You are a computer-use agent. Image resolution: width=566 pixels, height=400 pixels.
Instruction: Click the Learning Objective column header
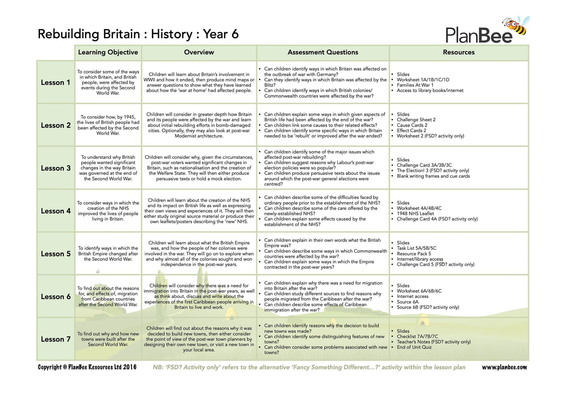click(x=108, y=52)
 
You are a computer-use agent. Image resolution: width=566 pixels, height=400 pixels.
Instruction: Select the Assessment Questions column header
click(x=323, y=52)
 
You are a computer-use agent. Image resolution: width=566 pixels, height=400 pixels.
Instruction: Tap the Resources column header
click(x=458, y=52)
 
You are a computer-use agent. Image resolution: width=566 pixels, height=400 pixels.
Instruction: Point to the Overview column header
click(x=199, y=52)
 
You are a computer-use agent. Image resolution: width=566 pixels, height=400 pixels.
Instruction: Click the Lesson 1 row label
click(x=55, y=83)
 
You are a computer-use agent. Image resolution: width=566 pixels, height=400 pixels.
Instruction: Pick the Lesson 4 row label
click(x=55, y=211)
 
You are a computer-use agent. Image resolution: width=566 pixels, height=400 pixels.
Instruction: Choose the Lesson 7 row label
click(x=55, y=339)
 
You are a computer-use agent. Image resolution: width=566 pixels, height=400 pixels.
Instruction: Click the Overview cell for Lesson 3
click(x=199, y=168)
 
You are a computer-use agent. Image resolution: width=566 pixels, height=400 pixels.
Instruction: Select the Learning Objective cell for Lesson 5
click(x=108, y=254)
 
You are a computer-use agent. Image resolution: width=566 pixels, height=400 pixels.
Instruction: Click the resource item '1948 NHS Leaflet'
click(x=415, y=213)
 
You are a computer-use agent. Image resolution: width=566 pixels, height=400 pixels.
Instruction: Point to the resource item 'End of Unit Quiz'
click(x=414, y=347)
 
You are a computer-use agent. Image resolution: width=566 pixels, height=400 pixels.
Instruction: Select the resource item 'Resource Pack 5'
click(x=414, y=254)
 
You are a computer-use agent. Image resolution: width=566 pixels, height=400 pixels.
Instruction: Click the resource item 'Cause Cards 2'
click(x=412, y=125)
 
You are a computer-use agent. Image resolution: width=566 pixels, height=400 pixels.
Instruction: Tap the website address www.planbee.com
click(x=504, y=367)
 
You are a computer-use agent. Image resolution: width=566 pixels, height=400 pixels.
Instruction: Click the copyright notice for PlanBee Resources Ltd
click(x=87, y=367)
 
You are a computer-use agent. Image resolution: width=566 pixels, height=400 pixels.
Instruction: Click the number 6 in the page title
click(x=235, y=34)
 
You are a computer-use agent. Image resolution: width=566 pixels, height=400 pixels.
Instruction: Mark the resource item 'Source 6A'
click(x=408, y=302)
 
